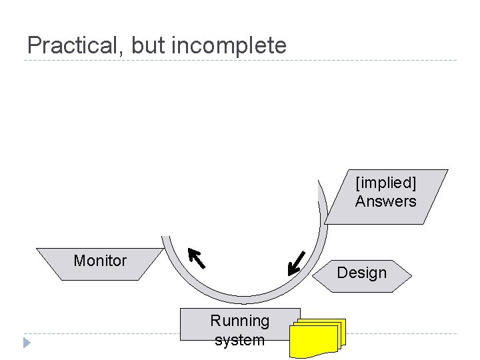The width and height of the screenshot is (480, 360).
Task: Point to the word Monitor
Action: pos(100,261)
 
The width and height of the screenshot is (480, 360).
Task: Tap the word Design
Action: pos(362,273)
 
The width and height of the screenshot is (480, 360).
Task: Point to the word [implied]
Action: pos(385,183)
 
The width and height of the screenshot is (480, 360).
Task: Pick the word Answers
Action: pos(385,201)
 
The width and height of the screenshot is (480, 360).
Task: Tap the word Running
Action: pos(240,321)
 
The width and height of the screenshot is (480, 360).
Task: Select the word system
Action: pos(240,340)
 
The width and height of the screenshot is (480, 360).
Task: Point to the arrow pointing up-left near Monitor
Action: pos(196,257)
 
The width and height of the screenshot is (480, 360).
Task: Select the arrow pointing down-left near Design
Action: pos(296,263)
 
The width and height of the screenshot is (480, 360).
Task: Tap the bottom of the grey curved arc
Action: pos(244,300)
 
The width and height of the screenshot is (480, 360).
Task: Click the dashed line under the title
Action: pos(240,61)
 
